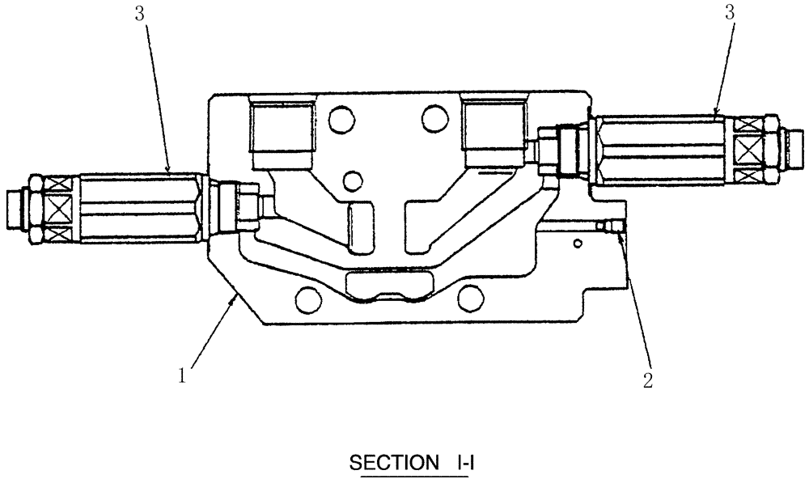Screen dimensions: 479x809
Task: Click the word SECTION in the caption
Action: pos(391,464)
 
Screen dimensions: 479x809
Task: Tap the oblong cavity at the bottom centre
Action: pos(387,285)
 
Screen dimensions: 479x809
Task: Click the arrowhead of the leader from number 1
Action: pos(236,298)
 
